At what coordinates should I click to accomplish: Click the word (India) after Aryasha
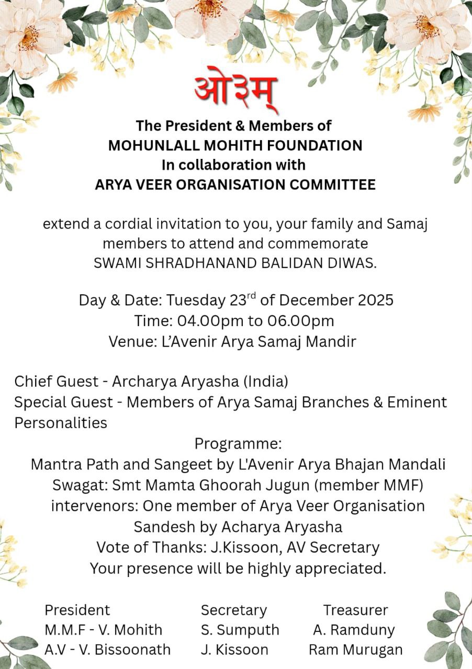[265, 382]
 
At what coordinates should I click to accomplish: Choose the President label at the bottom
[77, 610]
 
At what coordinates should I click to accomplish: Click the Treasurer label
[355, 610]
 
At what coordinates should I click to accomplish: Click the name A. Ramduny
[354, 630]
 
